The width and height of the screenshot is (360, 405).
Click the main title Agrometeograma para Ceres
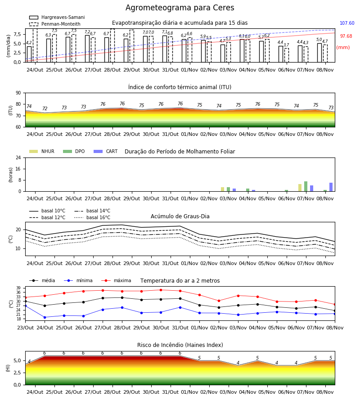click(x=180, y=8)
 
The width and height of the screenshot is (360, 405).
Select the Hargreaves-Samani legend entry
click(x=57, y=17)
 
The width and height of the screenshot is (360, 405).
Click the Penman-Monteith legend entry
click(x=55, y=24)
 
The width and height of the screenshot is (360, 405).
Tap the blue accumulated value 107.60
click(x=347, y=23)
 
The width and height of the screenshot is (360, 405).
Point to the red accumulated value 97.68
click(x=346, y=36)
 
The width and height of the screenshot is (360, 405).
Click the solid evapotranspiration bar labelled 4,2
click(x=29, y=54)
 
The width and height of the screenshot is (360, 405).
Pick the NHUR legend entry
click(x=42, y=151)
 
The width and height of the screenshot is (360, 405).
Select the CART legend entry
click(x=106, y=151)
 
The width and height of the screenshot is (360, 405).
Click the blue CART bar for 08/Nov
click(x=331, y=187)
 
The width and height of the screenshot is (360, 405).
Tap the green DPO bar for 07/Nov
click(x=306, y=186)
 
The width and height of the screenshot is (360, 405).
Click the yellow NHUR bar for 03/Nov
click(x=222, y=189)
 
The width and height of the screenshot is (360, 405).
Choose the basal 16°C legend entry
click(x=92, y=217)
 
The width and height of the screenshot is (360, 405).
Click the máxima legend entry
click(x=116, y=280)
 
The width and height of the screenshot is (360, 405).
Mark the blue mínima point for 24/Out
click(x=45, y=317)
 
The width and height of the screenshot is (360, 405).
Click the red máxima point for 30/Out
click(x=161, y=290)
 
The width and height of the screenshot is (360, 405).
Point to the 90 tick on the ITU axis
click(x=18, y=93)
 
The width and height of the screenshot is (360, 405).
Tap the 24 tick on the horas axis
click(x=18, y=157)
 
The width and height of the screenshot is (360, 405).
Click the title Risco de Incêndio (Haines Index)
click(x=180, y=345)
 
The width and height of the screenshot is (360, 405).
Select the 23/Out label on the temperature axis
click(x=25, y=328)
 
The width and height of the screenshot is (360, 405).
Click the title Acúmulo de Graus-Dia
click(x=180, y=216)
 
